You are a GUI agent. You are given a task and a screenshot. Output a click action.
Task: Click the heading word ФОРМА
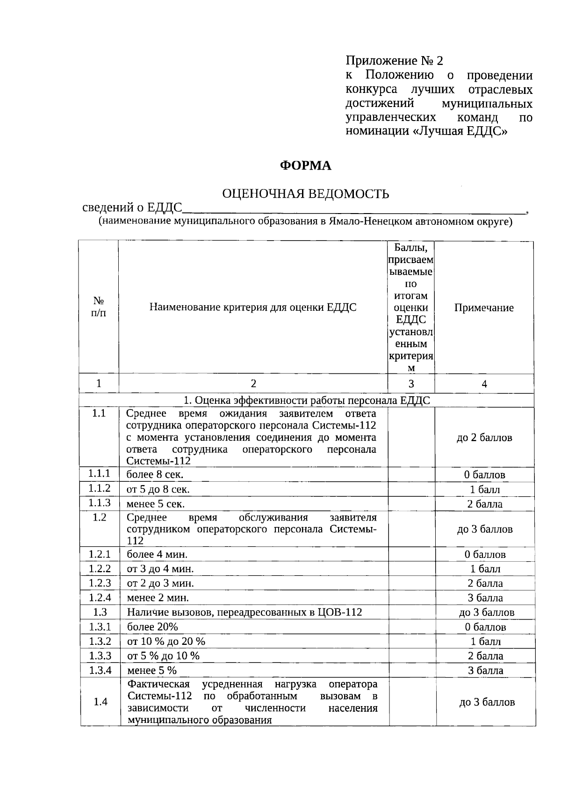[x=305, y=165]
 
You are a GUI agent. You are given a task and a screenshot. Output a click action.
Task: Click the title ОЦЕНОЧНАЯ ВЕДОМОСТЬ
[x=305, y=193]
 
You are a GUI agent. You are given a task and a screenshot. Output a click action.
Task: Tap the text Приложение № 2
[x=394, y=61]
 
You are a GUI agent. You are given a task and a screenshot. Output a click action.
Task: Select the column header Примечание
[x=484, y=307]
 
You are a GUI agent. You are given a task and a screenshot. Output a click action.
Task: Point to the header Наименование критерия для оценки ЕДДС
[x=253, y=307]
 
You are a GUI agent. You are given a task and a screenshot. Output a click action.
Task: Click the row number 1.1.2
[x=100, y=488]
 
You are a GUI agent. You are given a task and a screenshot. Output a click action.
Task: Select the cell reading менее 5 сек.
[x=156, y=504]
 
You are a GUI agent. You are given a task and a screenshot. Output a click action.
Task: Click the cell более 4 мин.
[x=157, y=555]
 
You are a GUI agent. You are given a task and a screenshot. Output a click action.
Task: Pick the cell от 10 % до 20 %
[x=166, y=641]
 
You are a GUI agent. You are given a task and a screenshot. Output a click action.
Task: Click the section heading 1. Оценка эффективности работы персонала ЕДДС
[x=306, y=400]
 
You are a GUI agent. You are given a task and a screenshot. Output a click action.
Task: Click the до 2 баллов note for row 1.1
[x=484, y=438]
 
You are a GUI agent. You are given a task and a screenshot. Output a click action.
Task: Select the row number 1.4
[x=101, y=702]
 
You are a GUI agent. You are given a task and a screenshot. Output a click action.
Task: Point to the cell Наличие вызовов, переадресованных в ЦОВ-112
[x=245, y=612]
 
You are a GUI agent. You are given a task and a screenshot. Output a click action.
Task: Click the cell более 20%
[x=152, y=627]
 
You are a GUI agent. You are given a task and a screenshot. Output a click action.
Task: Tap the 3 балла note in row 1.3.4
[x=486, y=671]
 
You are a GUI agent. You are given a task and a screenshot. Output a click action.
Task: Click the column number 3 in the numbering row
[x=411, y=384]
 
